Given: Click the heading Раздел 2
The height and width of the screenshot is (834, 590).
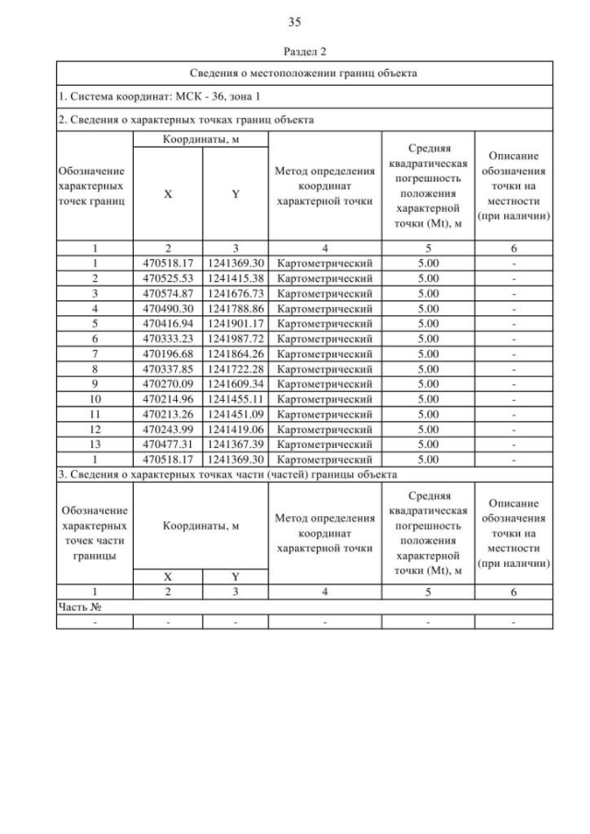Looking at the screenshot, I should (x=295, y=53).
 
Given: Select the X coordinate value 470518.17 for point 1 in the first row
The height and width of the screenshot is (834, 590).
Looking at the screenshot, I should (x=168, y=264).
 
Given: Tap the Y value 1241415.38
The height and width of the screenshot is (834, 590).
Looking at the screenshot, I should (x=236, y=278).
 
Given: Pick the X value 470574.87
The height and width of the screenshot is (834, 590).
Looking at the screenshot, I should (x=168, y=293).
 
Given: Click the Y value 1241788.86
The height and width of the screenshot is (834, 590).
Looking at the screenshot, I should (x=236, y=309).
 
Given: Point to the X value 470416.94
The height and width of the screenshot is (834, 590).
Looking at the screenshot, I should (x=168, y=323).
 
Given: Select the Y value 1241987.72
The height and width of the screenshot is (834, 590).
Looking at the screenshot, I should (x=236, y=338).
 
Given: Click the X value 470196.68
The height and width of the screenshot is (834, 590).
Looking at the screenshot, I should (x=168, y=353).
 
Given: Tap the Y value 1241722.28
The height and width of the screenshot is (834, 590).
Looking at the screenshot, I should (x=236, y=368).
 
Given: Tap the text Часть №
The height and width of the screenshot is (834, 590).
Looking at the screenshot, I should (x=79, y=607).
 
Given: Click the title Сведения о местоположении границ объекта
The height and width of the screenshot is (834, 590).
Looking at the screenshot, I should (x=303, y=73).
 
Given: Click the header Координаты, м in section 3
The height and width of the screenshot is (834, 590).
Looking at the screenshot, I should (x=201, y=526).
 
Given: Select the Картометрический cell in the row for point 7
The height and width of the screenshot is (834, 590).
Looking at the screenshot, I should (x=324, y=353).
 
